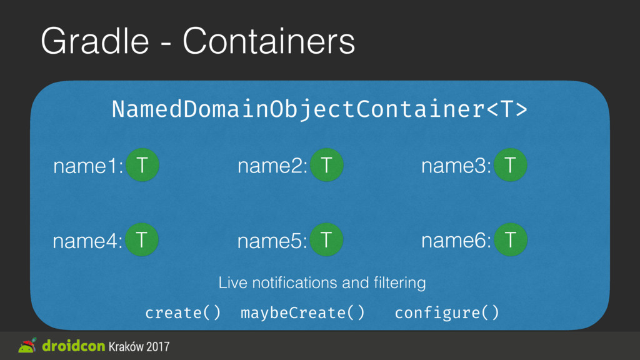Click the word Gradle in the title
[95, 41]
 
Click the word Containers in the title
[269, 41]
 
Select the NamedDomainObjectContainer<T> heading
[319, 109]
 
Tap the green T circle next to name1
[142, 165]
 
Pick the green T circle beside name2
[326, 165]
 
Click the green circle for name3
[510, 165]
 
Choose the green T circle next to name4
[142, 239]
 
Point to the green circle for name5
[326, 239]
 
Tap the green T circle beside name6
[511, 239]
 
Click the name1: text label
[88, 166]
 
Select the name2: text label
[272, 166]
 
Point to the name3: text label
[456, 166]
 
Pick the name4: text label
[87, 241]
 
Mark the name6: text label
[456, 241]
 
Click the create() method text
[183, 313]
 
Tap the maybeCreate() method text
[302, 313]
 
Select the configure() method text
[447, 313]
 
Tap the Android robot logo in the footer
[27, 345]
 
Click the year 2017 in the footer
[158, 346]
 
